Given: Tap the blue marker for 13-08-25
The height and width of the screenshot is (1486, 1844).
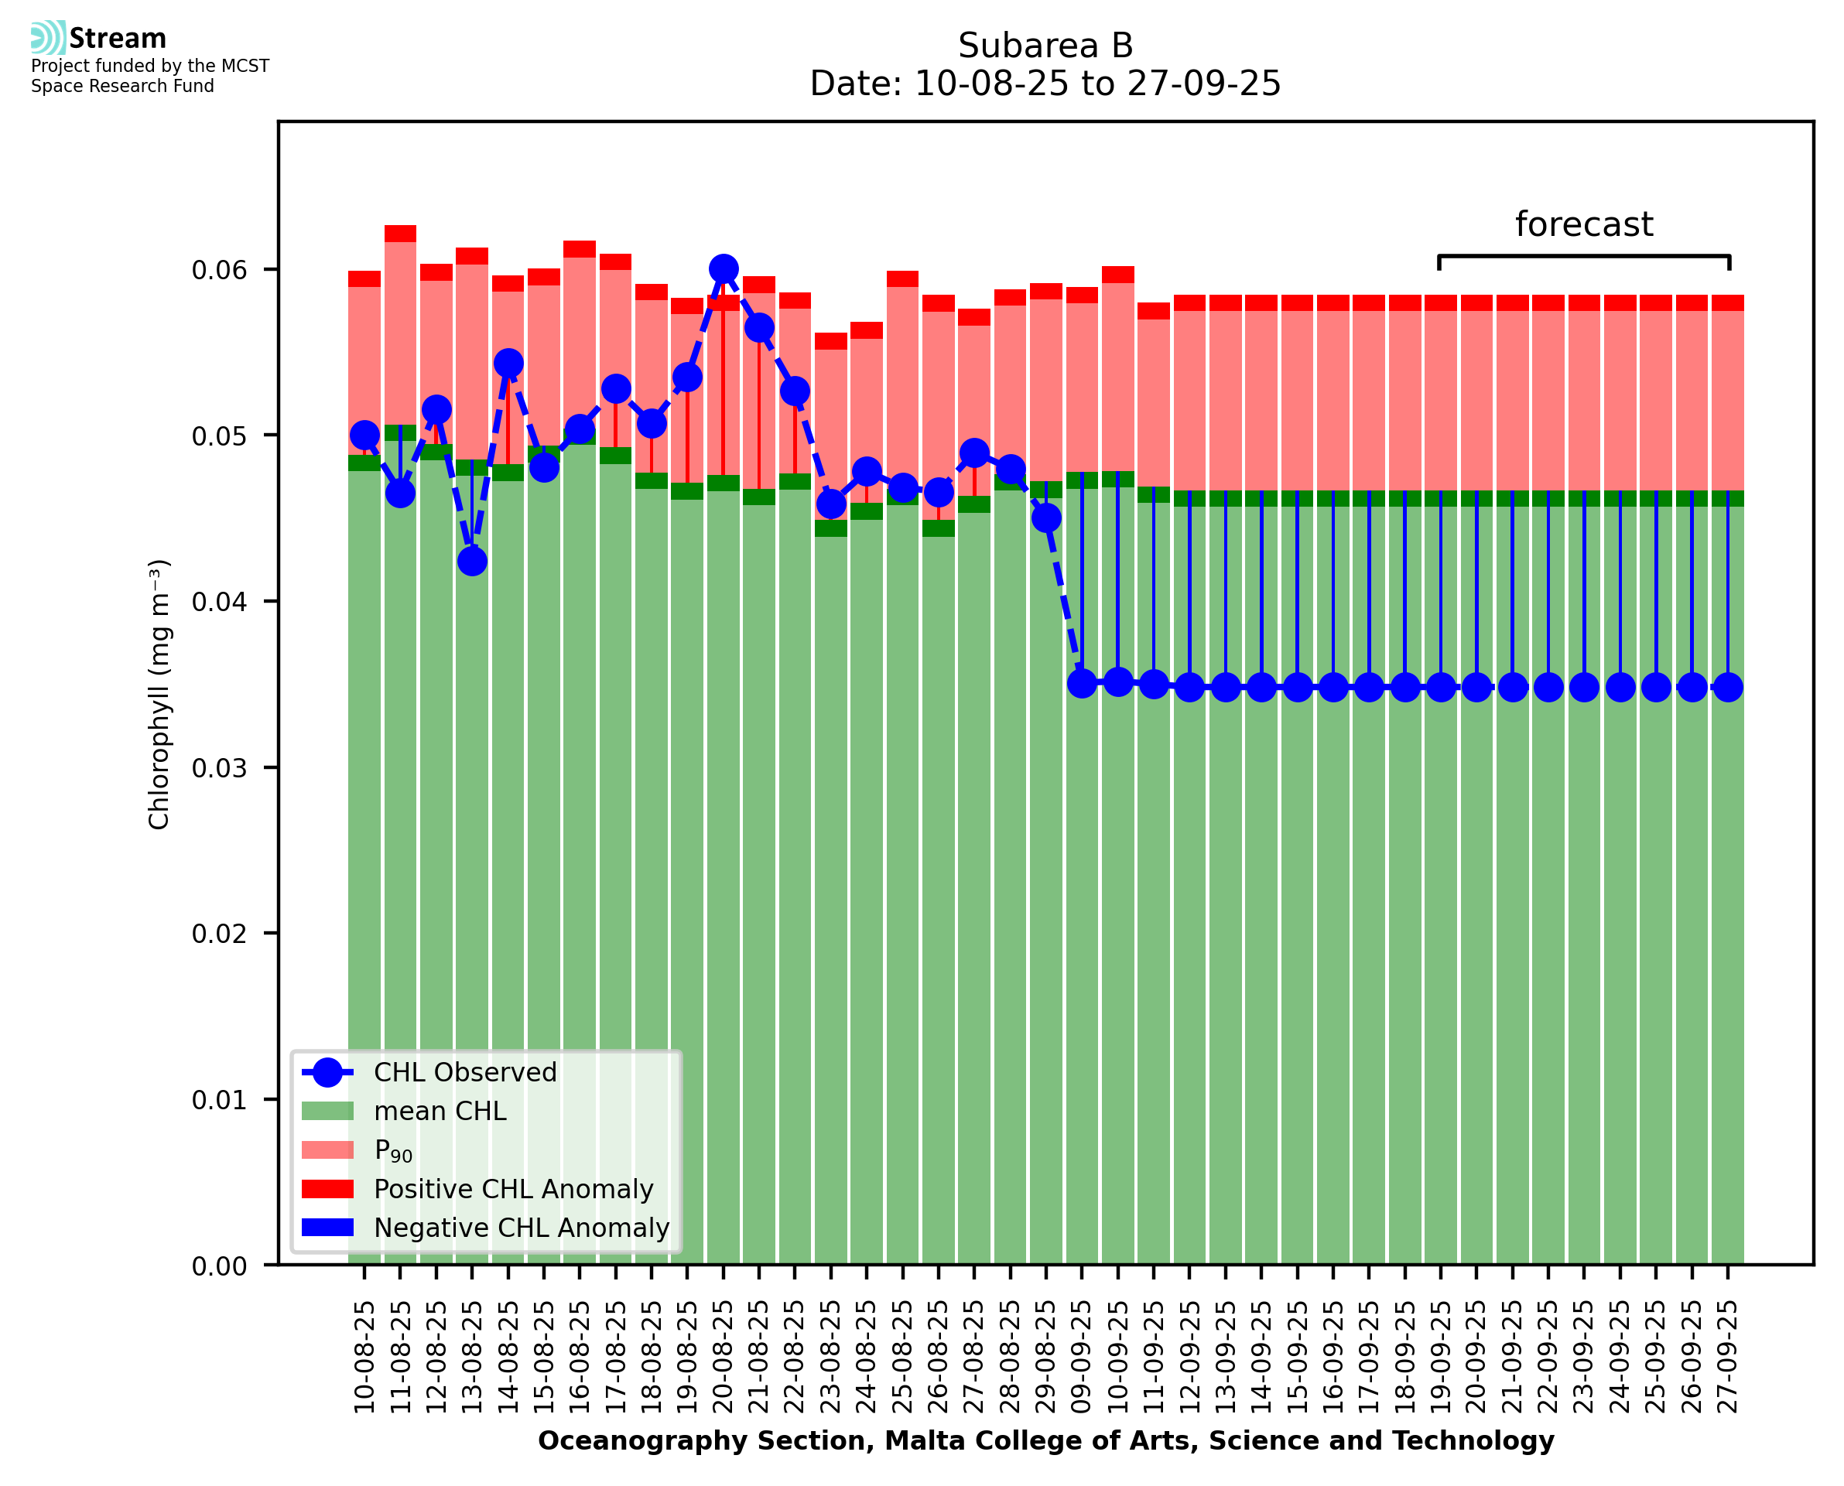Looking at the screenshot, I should click(472, 562).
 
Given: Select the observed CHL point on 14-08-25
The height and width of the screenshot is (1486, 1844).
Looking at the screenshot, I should click(508, 363).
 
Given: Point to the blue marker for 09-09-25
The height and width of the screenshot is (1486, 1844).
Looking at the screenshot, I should click(1082, 683).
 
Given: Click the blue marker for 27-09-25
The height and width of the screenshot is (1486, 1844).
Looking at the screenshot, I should click(1728, 688).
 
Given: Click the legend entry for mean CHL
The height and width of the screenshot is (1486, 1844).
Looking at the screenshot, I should click(440, 1111).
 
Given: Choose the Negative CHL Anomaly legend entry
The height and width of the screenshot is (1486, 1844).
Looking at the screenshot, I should click(522, 1228).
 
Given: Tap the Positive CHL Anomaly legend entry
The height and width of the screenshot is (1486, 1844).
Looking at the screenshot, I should click(514, 1189).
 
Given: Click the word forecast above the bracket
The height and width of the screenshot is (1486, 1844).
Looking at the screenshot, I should click(1584, 224).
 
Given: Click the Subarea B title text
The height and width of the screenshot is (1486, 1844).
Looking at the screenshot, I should click(1045, 46).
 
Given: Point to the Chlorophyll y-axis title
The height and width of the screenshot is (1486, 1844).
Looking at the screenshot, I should click(159, 694).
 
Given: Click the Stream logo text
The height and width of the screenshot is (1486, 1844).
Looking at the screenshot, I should click(118, 39).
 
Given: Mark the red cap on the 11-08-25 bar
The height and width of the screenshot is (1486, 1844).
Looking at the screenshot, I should click(400, 234).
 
